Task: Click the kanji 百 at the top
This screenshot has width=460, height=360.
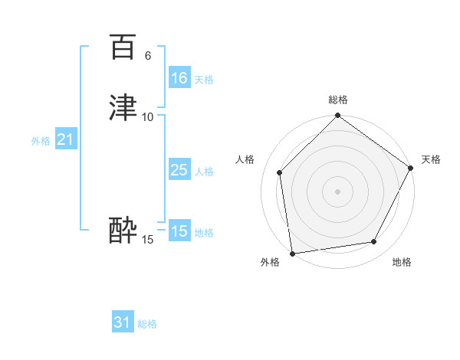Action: pyautogui.click(x=123, y=47)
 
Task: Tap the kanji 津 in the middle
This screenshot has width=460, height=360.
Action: pyautogui.click(x=123, y=108)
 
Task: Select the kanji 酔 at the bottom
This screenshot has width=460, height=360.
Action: pyautogui.click(x=123, y=231)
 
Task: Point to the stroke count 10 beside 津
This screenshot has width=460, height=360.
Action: pyautogui.click(x=148, y=116)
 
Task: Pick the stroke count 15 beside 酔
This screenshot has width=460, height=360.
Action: pyautogui.click(x=148, y=240)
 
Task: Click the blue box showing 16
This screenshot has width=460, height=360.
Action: pyautogui.click(x=179, y=78)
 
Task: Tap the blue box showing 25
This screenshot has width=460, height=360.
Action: pyautogui.click(x=179, y=170)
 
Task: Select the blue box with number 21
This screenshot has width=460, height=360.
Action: pyautogui.click(x=66, y=139)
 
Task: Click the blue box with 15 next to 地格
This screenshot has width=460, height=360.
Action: pyautogui.click(x=179, y=231)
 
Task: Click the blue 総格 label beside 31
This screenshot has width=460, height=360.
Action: pyautogui.click(x=147, y=324)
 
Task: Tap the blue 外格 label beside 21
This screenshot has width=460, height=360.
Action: pyautogui.click(x=41, y=141)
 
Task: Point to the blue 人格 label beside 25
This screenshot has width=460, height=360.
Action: pyautogui.click(x=204, y=172)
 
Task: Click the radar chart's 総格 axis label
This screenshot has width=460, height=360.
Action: pyautogui.click(x=338, y=100)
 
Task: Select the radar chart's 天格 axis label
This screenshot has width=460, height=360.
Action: pyautogui.click(x=431, y=159)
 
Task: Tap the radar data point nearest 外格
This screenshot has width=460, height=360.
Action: pyautogui.click(x=292, y=253)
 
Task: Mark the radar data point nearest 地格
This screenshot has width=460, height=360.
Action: pyautogui.click(x=374, y=242)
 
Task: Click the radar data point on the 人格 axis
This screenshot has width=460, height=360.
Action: pyautogui.click(x=280, y=172)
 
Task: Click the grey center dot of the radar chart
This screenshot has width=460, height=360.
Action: pyautogui.click(x=337, y=191)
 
